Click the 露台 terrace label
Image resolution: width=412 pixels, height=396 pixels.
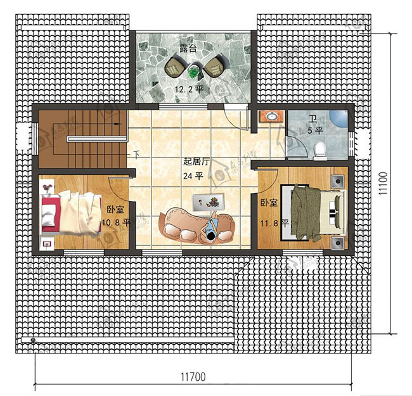click(188, 49)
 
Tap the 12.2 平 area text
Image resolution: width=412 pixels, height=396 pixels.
click(189, 89)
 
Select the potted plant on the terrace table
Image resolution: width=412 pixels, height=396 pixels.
click(194, 72)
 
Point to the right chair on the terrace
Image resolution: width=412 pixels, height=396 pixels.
click(214, 65)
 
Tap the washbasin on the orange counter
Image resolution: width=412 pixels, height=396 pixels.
click(271, 116)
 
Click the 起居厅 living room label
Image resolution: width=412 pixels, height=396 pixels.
click(196, 162)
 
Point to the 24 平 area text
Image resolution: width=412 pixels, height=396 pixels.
click(193, 176)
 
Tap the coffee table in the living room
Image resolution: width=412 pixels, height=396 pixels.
click(209, 203)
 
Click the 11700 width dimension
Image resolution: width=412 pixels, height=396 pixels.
click(193, 377)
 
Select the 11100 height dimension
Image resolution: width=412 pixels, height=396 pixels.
click(383, 183)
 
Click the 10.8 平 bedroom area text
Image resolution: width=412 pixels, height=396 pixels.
click(116, 223)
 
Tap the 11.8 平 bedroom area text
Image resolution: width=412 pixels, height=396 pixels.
click(274, 223)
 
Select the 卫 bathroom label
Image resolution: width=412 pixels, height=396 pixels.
click(312, 120)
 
